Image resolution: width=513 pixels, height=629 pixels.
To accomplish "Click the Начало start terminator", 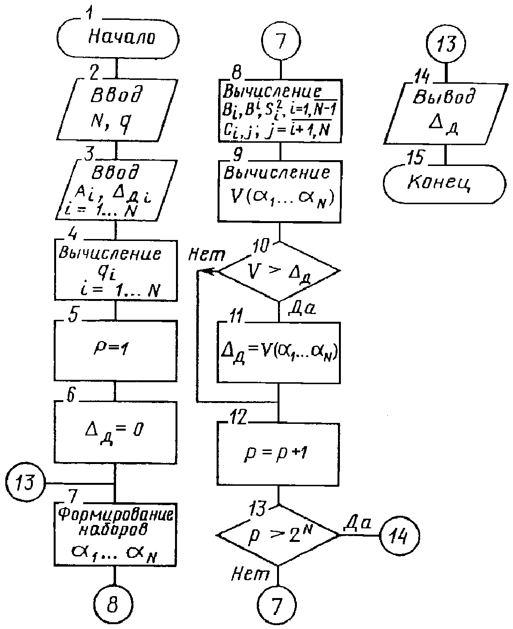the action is pos(118,39).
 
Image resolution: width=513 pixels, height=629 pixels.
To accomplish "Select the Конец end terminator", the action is pos(444,184).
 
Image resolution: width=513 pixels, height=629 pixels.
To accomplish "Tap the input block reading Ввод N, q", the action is pos(117,109).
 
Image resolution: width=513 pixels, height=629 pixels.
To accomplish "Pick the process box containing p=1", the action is pos(116,350).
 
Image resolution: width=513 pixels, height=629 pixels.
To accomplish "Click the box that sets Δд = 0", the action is pos(116,432).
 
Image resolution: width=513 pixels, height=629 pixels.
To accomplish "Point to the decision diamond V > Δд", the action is pos(279,271).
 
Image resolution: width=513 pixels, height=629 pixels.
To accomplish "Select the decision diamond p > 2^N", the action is pos(278,535).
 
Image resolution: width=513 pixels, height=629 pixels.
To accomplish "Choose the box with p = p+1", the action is pos(278,454).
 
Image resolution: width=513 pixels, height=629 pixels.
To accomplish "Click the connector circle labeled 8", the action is pos(113,604).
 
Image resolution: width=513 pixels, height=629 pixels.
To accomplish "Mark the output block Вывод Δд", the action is pos(446,113).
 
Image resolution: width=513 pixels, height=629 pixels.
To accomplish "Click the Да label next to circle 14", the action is pos(358,522).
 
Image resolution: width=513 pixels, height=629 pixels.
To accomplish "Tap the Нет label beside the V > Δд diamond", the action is pos(207,255).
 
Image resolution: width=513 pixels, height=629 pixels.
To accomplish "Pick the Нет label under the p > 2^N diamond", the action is pos(250,573).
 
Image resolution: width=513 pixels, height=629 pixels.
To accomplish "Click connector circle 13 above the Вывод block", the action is pos(446,44).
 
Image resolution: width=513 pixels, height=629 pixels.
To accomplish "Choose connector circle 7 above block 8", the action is pos(281,41).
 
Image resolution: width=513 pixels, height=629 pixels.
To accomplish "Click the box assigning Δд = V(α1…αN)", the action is pos(278,352).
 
